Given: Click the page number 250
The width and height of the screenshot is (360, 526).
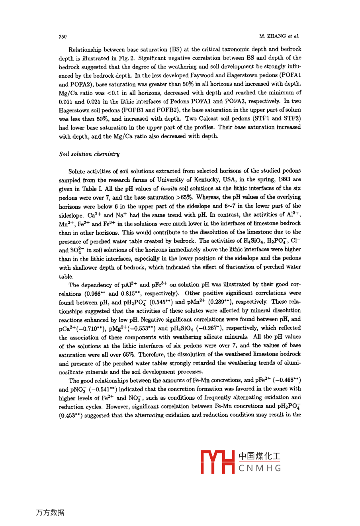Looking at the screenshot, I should [63, 37].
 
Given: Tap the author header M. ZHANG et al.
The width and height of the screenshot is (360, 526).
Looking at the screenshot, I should [279, 36].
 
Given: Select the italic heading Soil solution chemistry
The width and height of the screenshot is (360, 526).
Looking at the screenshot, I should [89, 154].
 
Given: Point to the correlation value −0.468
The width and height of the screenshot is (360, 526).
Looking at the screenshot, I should [287, 381].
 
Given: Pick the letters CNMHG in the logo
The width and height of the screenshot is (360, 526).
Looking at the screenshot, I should [260, 468].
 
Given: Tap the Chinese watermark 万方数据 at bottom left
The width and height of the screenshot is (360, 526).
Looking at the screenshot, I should [50, 513].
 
